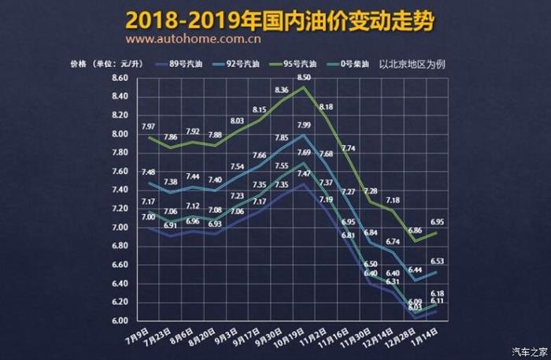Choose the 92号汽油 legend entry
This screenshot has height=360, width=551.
pyautogui.click(x=246, y=63)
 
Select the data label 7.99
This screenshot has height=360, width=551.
pyautogui.click(x=304, y=125)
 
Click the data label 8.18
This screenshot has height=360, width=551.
pyautogui.click(x=327, y=107)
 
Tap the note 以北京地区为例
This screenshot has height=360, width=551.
pyautogui.click(x=412, y=63)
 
